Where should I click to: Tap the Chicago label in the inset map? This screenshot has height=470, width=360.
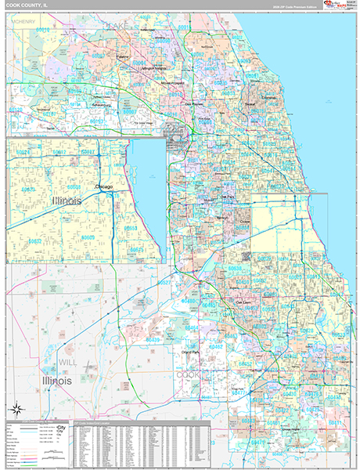coord(104,186)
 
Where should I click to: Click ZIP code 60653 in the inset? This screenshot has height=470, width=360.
coord(131,228)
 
